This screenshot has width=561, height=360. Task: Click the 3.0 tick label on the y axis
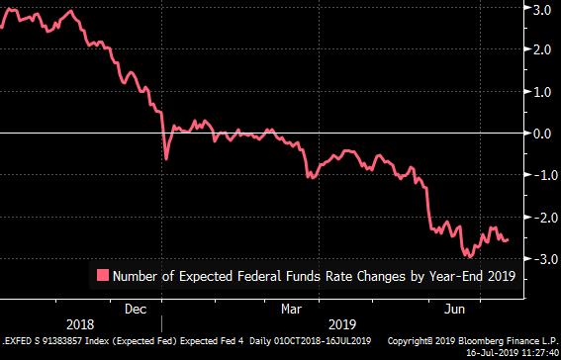[543, 10]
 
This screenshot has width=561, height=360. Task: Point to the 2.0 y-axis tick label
[543, 50]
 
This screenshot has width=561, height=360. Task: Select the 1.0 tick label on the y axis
[543, 92]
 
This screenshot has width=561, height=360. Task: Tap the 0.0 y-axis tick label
[543, 135]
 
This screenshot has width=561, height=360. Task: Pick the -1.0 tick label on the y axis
[540, 175]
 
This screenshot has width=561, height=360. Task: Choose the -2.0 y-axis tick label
[540, 218]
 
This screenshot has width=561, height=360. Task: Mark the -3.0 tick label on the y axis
[540, 258]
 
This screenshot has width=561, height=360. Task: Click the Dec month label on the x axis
[136, 309]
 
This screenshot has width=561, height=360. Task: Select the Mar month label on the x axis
[291, 309]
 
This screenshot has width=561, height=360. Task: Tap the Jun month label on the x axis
[454, 309]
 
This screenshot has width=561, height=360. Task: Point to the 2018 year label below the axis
[80, 325]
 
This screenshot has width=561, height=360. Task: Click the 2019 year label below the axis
[342, 325]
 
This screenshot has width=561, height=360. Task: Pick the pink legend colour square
[103, 275]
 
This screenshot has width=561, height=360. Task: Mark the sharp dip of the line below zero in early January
[166, 159]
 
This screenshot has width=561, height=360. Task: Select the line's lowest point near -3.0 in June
[470, 256]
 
